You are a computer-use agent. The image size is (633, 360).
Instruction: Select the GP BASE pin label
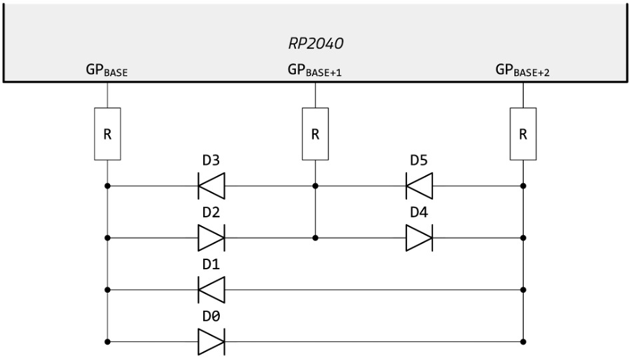(x=107, y=70)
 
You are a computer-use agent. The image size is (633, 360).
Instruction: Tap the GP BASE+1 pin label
(x=315, y=70)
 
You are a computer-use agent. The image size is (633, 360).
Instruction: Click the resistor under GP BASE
(x=107, y=133)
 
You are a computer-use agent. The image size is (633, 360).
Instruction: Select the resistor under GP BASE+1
(x=315, y=133)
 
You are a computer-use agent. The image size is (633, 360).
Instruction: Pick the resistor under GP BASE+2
(x=523, y=133)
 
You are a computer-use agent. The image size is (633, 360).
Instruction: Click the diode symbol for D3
(x=211, y=185)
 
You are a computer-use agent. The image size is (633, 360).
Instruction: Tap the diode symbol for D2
(x=211, y=237)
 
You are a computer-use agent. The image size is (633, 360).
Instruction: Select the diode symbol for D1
(x=211, y=290)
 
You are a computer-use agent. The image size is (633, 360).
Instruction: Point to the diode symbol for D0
(x=211, y=342)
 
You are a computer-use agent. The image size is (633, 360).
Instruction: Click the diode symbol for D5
(x=419, y=185)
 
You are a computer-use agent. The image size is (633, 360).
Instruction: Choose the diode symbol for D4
(x=419, y=237)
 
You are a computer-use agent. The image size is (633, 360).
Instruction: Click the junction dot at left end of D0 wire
(x=107, y=342)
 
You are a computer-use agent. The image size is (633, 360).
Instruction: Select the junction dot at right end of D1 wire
(x=523, y=290)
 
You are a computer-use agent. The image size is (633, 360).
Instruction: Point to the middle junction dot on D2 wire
(x=315, y=237)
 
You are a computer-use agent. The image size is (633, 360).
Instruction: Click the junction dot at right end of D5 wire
(x=523, y=185)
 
